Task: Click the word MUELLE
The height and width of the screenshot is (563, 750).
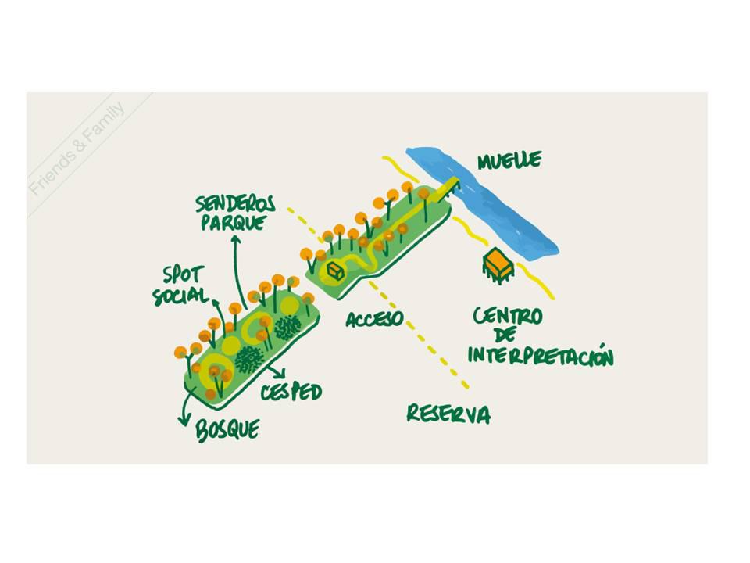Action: pyautogui.click(x=510, y=160)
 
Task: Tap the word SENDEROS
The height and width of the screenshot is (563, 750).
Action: pyautogui.click(x=235, y=204)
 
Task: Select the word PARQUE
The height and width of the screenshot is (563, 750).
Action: pyautogui.click(x=234, y=223)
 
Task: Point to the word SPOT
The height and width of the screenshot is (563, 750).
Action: pyautogui.click(x=184, y=275)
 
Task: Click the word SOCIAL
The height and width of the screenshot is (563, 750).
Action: pyautogui.click(x=180, y=296)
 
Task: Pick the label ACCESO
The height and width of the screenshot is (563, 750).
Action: pyautogui.click(x=374, y=319)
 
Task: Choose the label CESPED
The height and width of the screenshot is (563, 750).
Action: pyautogui.click(x=291, y=392)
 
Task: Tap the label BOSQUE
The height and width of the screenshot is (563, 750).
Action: pyautogui.click(x=227, y=430)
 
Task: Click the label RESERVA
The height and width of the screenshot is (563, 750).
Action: pyautogui.click(x=448, y=414)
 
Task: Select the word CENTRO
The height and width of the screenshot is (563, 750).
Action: pyautogui.click(x=508, y=317)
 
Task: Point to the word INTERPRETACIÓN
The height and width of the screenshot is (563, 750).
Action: pyautogui.click(x=541, y=356)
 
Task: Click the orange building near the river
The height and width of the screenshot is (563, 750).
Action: pyautogui.click(x=498, y=265)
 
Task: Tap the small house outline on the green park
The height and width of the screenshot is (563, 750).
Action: pyautogui.click(x=335, y=271)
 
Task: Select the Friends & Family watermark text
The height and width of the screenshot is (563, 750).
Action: pyautogui.click(x=77, y=149)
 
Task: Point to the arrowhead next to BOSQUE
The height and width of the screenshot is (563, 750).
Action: pyautogui.click(x=183, y=421)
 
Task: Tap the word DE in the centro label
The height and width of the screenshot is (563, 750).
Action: pyautogui.click(x=505, y=335)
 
